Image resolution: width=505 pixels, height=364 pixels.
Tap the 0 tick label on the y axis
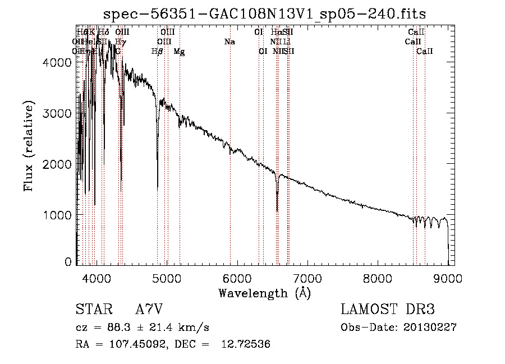pos(68,261)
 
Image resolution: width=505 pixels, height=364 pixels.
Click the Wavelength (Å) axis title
pos(264,293)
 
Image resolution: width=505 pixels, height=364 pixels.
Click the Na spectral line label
pos(229,42)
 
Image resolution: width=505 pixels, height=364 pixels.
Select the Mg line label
pos(179,52)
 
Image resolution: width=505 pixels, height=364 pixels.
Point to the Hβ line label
pos(157,52)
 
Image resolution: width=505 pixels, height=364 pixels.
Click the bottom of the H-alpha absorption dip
pos(277,211)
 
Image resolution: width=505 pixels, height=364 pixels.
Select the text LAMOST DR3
pos(387,310)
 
